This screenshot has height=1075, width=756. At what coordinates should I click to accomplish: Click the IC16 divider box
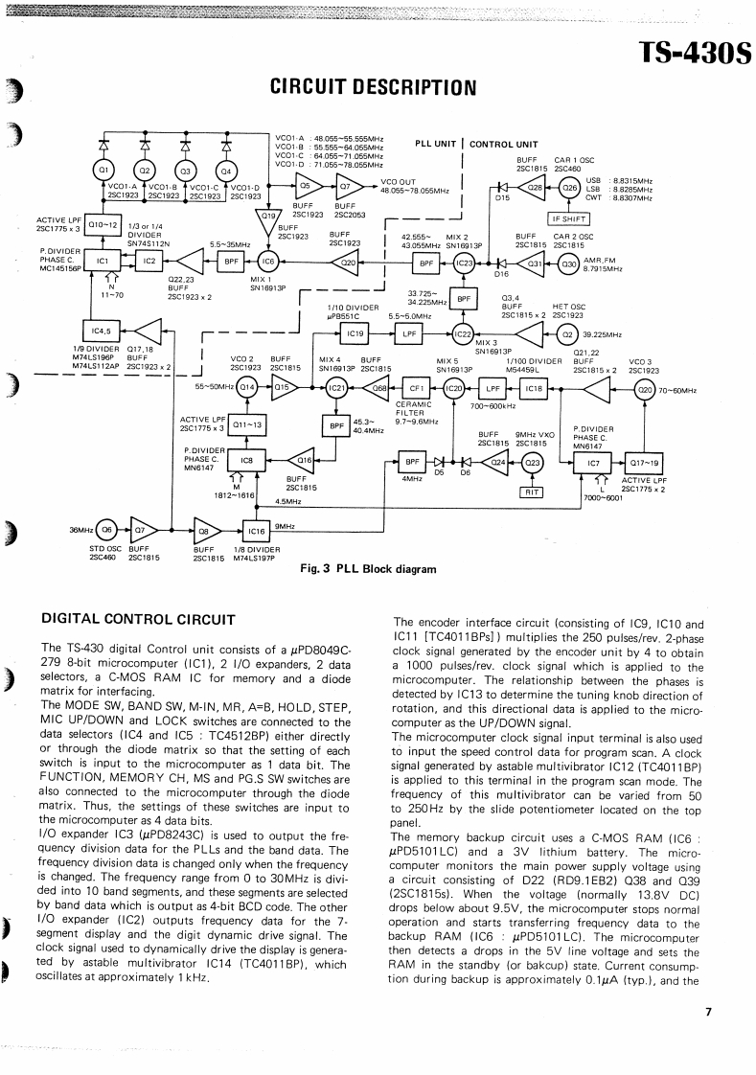click(x=256, y=531)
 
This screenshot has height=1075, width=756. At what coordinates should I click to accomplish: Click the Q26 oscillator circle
click(x=569, y=189)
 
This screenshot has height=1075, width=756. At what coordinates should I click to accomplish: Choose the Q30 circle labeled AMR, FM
click(x=569, y=263)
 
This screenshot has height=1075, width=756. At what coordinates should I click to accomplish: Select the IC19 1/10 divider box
click(x=355, y=334)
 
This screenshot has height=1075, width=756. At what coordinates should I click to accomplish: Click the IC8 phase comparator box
click(x=246, y=461)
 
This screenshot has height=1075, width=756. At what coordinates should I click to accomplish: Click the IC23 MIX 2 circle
click(x=464, y=263)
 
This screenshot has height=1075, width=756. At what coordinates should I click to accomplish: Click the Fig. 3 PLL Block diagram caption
click(x=368, y=569)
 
